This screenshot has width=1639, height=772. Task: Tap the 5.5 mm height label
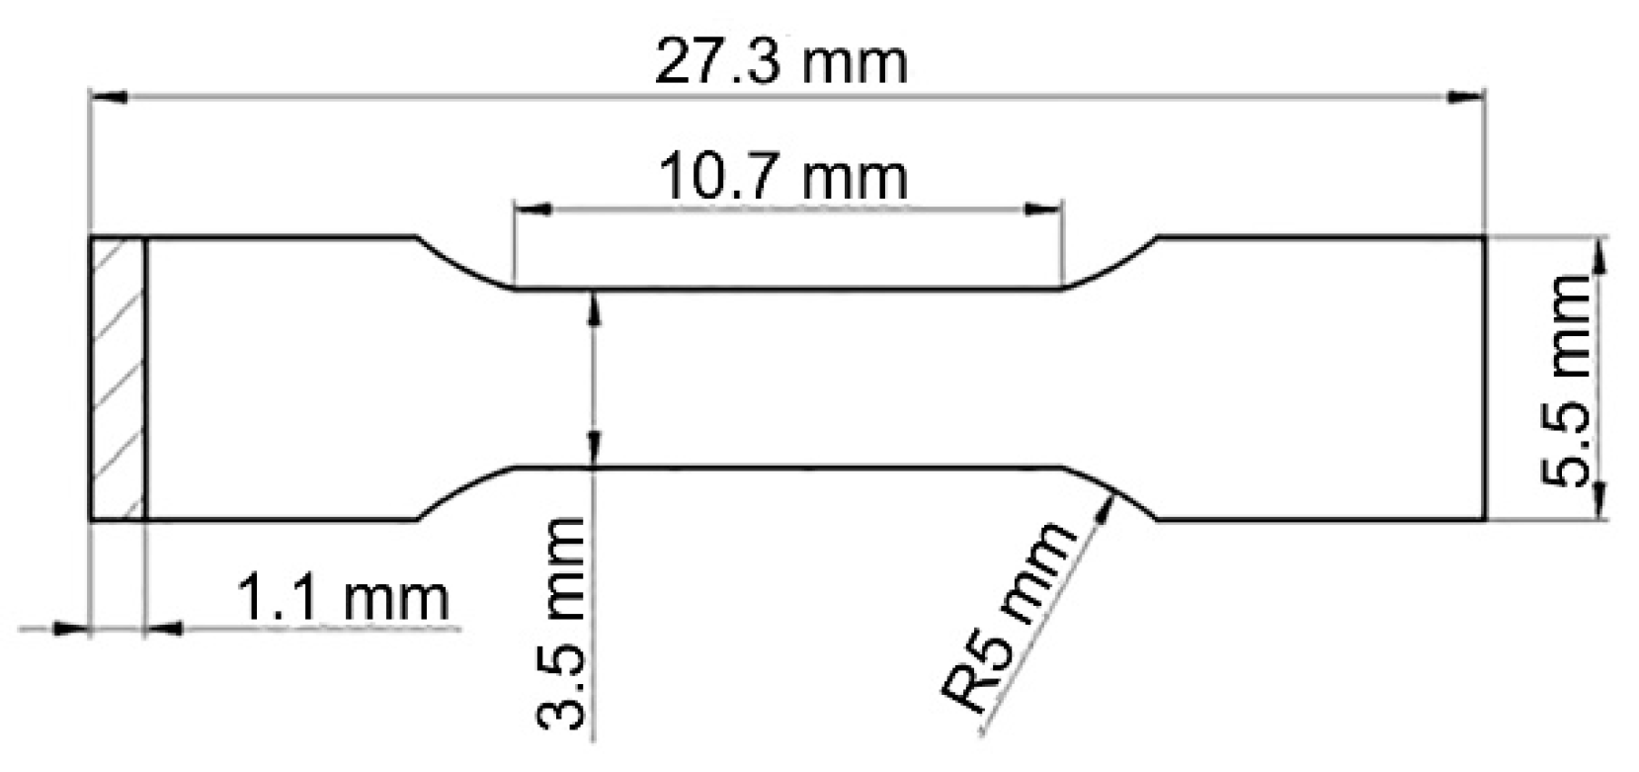1568,380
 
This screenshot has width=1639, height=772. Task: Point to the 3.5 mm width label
560,627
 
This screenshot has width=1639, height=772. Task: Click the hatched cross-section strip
118,379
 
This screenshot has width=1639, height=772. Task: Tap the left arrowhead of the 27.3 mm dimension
107,97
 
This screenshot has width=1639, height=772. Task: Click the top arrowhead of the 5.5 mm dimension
1599,253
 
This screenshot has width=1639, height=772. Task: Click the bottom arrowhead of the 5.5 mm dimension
1599,504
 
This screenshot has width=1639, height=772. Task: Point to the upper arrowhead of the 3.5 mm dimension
593,305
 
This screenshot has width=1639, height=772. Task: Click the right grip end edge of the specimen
1484,379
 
